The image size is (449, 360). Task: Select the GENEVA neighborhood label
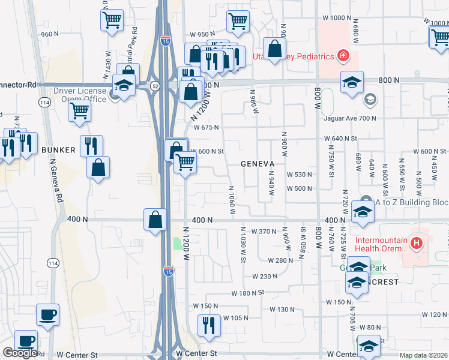[258, 163]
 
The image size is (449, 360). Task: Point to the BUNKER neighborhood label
[58, 150]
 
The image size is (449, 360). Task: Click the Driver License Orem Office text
[80, 95]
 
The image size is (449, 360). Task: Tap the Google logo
[20, 353]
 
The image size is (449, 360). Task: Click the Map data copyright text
[424, 355]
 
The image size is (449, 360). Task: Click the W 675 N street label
[206, 127]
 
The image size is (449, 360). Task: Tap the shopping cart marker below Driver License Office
[79, 111]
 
